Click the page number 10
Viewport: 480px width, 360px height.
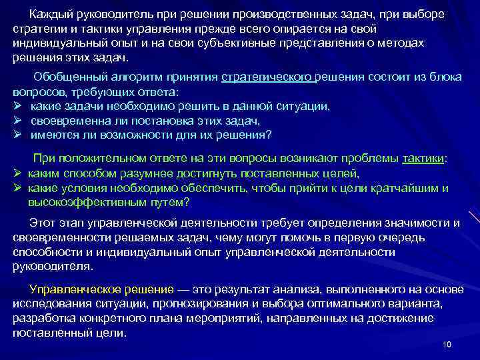[x=446, y=344]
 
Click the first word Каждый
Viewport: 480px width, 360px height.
[x=49, y=15]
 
